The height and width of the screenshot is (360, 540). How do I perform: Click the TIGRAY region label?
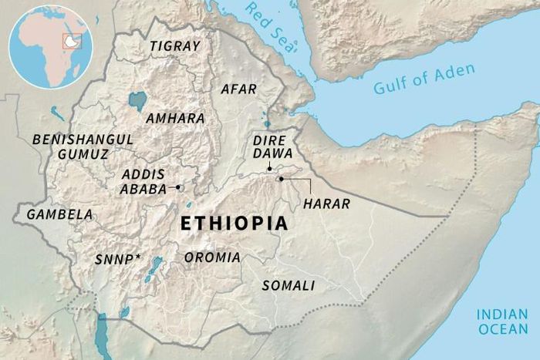(174, 46)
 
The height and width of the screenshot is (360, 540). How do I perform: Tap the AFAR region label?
(238, 89)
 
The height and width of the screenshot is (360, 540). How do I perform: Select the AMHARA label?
(175, 119)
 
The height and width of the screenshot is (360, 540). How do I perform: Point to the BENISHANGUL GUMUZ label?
(83, 146)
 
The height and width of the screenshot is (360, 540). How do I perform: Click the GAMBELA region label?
(59, 214)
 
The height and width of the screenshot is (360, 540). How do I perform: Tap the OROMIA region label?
(211, 257)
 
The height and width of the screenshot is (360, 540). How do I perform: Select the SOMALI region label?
(289, 286)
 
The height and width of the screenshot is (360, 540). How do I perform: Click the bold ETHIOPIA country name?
(234, 224)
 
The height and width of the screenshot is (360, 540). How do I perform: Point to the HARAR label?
(327, 204)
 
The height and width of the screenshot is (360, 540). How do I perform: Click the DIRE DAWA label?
(269, 149)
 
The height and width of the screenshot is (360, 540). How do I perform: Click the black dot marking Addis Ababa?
(178, 187)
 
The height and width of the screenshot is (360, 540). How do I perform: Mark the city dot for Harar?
(282, 179)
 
